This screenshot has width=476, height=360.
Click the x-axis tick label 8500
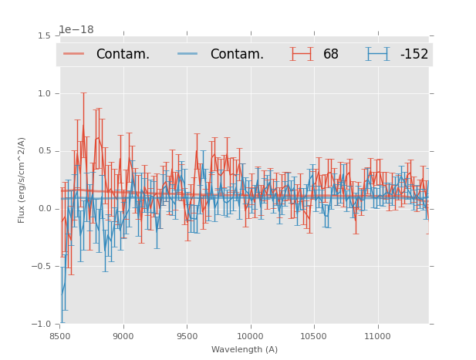(59, 336)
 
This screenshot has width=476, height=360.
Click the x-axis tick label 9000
(123, 336)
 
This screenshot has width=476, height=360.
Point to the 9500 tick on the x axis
(187, 336)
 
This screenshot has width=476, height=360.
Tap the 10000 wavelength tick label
(250, 336)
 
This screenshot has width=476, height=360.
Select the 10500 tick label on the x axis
(314, 336)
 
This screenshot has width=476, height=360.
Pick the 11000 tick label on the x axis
(377, 336)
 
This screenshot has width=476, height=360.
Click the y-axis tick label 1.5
(44, 35)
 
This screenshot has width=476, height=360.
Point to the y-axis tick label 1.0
(44, 93)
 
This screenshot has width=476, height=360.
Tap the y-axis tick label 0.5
(44, 151)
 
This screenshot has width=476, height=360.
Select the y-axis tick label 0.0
(44, 209)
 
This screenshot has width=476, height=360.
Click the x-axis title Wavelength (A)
(245, 349)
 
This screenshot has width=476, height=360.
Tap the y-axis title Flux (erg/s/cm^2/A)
(22, 180)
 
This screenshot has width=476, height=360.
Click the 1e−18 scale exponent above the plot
(76, 30)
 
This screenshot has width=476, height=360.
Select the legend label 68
(331, 54)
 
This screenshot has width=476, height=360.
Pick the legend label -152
(414, 54)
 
